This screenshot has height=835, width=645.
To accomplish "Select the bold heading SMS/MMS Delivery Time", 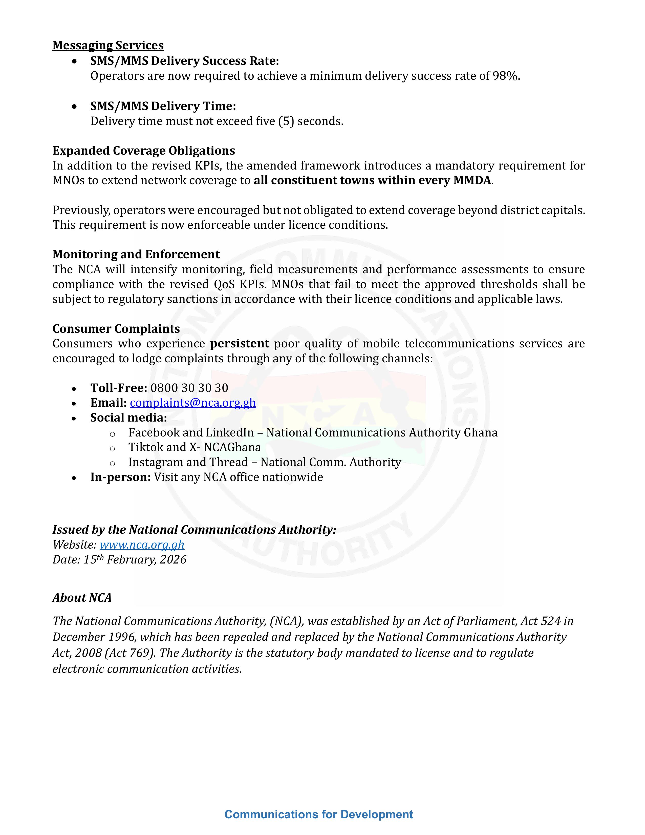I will tap(163, 106).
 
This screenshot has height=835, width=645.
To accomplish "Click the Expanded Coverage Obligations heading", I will tap(144, 151).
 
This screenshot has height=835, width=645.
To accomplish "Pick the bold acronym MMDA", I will tap(472, 180).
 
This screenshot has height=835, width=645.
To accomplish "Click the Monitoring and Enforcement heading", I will tap(136, 254).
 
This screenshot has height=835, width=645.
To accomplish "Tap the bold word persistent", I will tap(240, 343).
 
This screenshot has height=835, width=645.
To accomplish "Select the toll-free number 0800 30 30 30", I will tap(189, 388).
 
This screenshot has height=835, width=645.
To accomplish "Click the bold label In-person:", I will tap(121, 477).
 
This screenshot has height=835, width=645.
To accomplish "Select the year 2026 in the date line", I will tap(173, 560).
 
